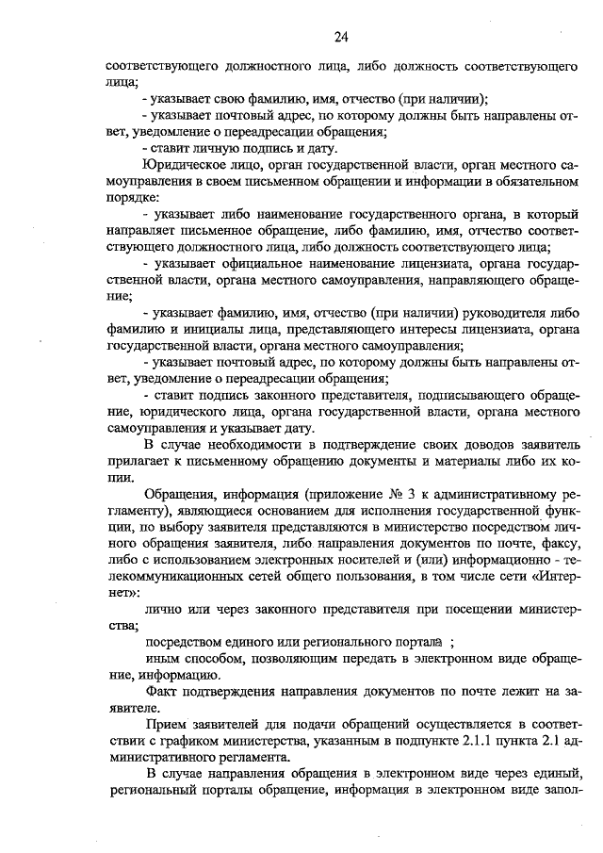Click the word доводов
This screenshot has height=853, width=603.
(456, 444)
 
